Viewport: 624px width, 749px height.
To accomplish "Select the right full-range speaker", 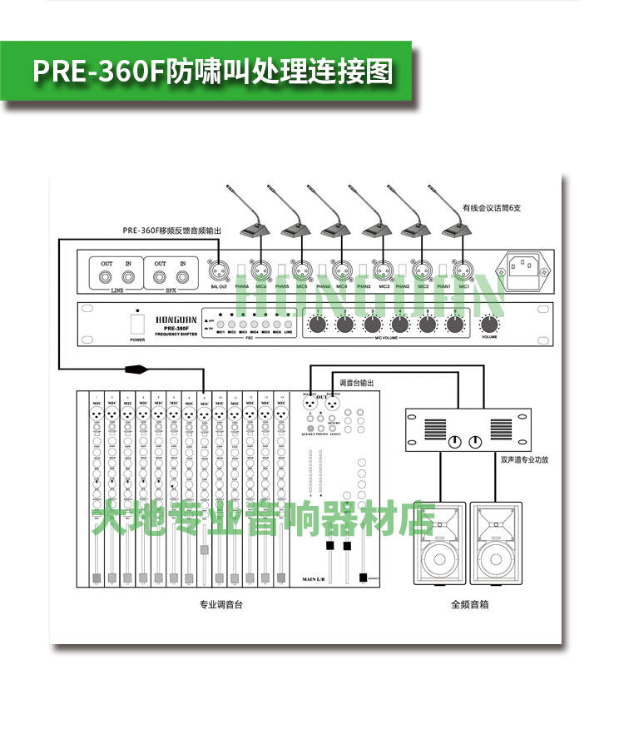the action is [x=496, y=544].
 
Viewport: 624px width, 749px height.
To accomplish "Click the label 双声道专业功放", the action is [x=525, y=459].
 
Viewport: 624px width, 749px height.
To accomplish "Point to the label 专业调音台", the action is [x=220, y=605].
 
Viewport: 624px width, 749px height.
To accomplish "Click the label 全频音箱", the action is [x=469, y=605].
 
